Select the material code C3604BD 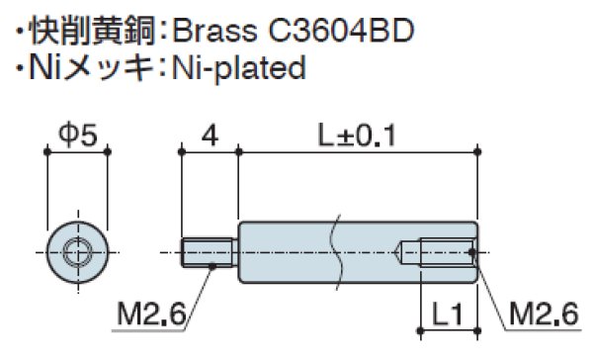click(336, 29)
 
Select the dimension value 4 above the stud click(209, 135)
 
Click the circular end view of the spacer click(76, 251)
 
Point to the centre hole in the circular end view click(76, 251)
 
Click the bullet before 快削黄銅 click(19, 30)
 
